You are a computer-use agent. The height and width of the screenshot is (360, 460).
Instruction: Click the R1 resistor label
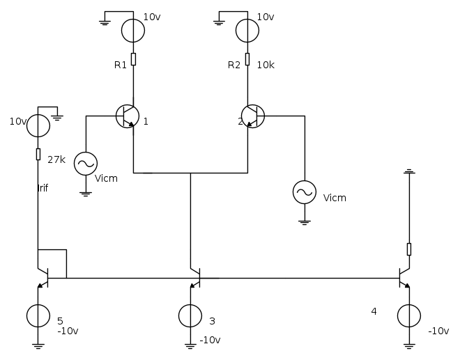click(x=121, y=65)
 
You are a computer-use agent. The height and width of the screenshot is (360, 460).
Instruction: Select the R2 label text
click(x=234, y=65)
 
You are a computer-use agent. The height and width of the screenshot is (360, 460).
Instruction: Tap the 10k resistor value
click(x=266, y=65)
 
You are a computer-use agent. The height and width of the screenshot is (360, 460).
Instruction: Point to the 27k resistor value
click(x=56, y=159)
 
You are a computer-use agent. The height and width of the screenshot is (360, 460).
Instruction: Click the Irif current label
click(x=43, y=188)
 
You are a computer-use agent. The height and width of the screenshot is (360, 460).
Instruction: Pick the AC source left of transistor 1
click(x=86, y=163)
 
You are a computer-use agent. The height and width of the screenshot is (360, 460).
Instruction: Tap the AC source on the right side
click(x=304, y=191)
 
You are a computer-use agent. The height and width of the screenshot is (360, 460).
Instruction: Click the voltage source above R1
click(x=133, y=31)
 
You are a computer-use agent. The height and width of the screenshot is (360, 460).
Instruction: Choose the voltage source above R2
click(x=247, y=31)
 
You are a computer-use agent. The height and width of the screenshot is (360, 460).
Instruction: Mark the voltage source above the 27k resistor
click(x=38, y=126)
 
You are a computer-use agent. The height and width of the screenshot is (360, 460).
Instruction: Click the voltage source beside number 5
click(x=38, y=316)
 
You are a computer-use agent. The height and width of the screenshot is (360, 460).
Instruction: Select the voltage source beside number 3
click(x=190, y=316)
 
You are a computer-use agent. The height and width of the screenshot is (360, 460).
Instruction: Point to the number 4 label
click(x=374, y=311)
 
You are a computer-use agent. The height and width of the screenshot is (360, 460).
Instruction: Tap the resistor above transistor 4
click(x=409, y=249)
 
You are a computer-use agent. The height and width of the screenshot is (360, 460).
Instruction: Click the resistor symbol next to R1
click(x=133, y=59)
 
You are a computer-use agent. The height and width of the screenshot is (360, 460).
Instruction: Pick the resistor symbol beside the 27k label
click(x=38, y=154)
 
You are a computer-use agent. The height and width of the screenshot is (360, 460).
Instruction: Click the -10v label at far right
click(x=438, y=331)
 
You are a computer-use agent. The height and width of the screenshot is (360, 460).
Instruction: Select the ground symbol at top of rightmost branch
click(x=409, y=171)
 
